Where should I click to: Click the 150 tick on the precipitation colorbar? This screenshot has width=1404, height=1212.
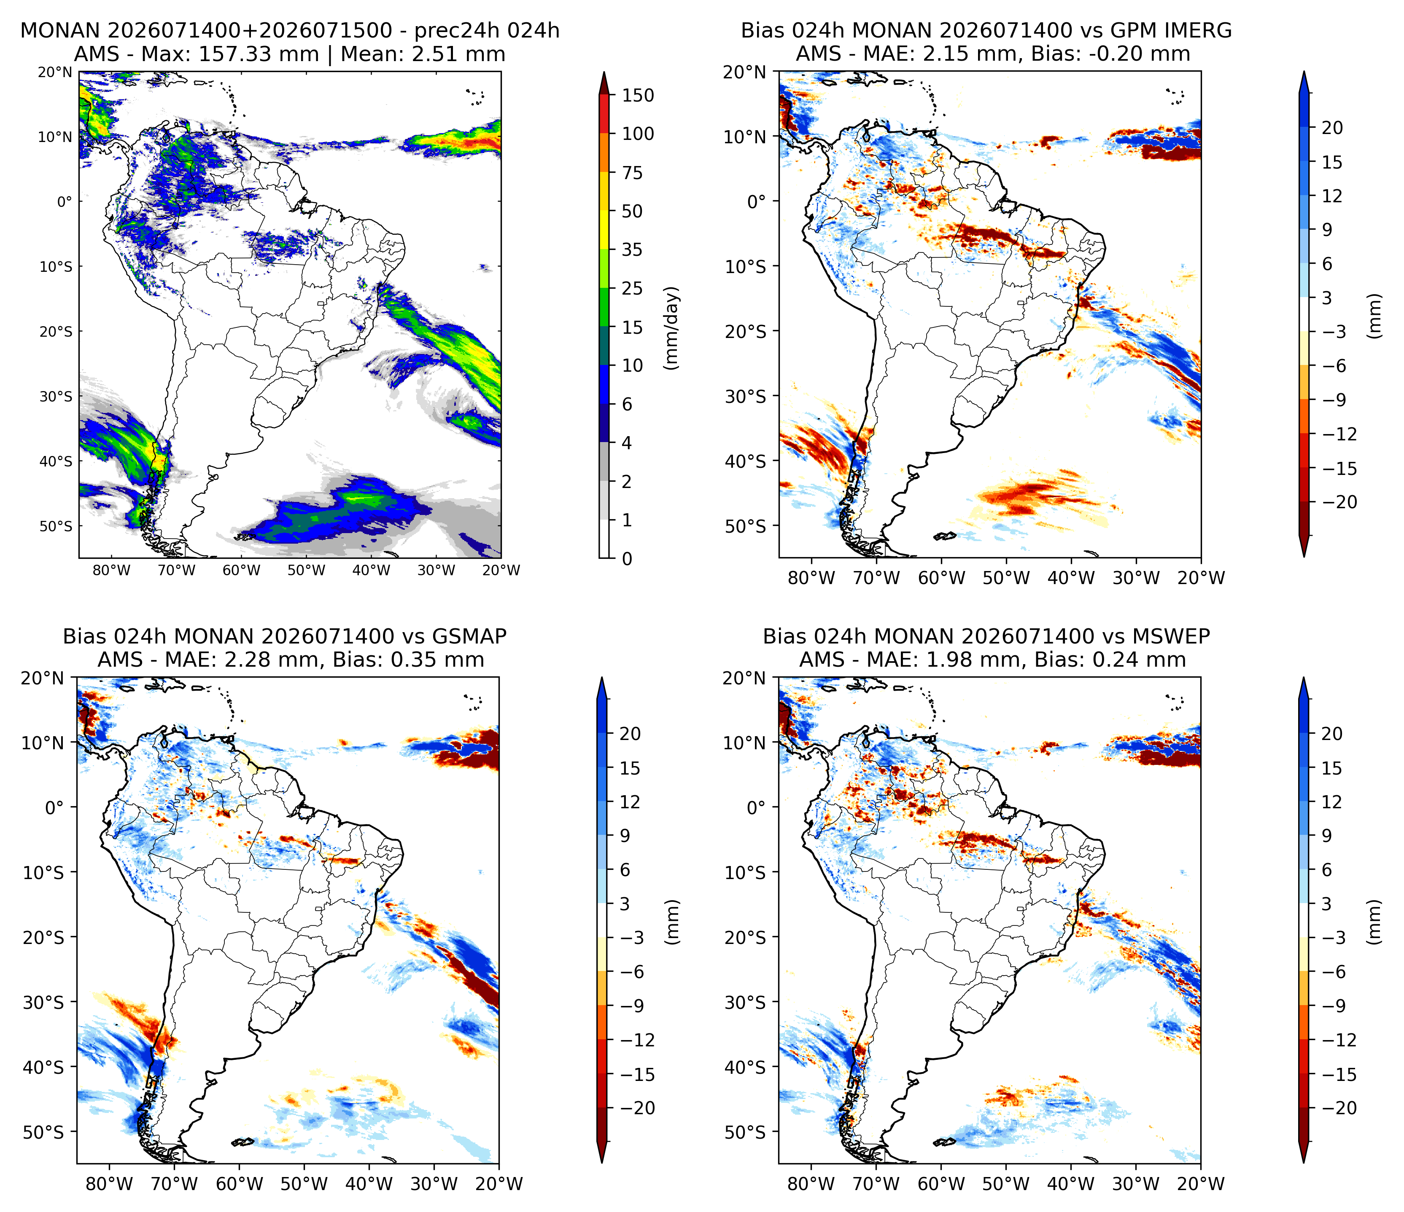[638, 96]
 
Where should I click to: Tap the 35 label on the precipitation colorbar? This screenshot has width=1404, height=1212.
[632, 250]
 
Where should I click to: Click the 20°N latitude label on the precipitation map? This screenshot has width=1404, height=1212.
[55, 72]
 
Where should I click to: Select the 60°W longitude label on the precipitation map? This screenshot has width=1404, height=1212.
[241, 570]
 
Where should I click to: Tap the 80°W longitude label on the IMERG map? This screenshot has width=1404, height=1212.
[811, 578]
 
